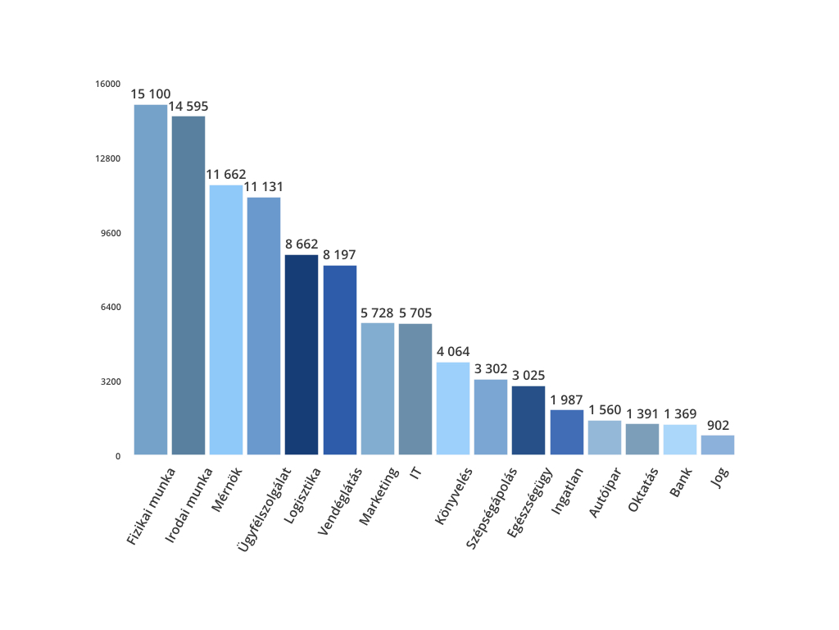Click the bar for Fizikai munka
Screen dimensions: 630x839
tap(151, 279)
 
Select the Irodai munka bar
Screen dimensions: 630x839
tap(188, 285)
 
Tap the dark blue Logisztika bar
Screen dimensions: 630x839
tap(302, 354)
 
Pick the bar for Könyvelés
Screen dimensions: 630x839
tap(453, 408)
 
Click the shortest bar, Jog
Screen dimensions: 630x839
tap(718, 445)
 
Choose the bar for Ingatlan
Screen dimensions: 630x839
tap(567, 431)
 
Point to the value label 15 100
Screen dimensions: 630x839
tap(151, 94)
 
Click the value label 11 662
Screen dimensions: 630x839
tap(226, 175)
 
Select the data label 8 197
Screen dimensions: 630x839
tap(340, 255)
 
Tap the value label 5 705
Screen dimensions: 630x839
tap(415, 313)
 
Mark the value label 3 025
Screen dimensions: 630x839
tap(528, 376)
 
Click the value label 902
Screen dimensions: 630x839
tap(718, 425)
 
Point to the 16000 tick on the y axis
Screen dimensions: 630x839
tap(109, 84)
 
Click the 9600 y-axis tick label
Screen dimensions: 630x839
tap(111, 233)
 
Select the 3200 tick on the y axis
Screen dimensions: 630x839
tap(111, 381)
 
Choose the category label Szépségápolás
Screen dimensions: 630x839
tap(491, 508)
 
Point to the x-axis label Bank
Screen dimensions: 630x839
tap(681, 482)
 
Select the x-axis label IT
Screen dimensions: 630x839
tap(415, 473)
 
